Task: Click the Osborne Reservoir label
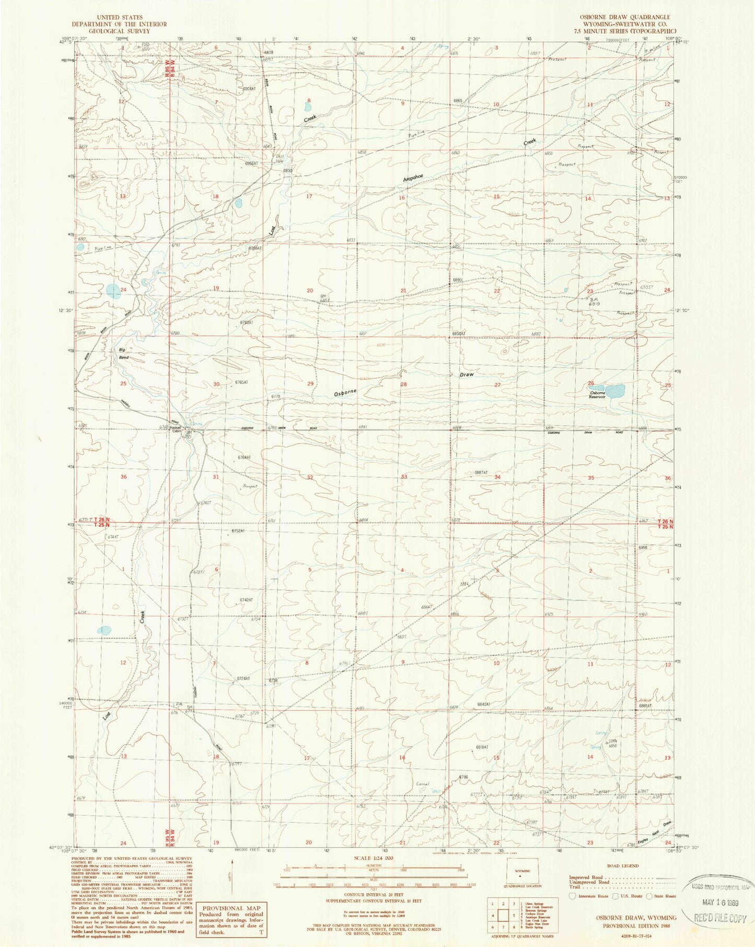tap(597, 394)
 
